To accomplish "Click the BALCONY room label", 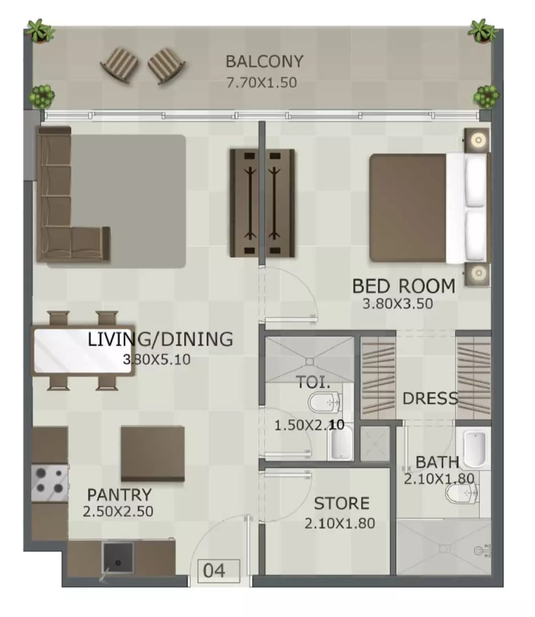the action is (x=264, y=62).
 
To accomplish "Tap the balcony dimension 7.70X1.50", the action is (x=261, y=82).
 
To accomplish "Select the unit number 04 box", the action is (x=219, y=571).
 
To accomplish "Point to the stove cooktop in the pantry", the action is (x=50, y=482).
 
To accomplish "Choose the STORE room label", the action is (x=341, y=503).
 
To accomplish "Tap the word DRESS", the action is (x=430, y=398).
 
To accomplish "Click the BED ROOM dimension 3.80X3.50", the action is (x=397, y=304).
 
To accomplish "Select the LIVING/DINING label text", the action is (x=160, y=339).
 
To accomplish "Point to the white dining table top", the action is (x=83, y=351).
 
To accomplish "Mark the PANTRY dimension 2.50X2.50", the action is (x=118, y=520).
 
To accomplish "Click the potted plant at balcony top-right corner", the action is (x=482, y=30).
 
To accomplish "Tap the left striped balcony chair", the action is (x=119, y=65).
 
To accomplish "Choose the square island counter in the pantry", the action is (x=153, y=454).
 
